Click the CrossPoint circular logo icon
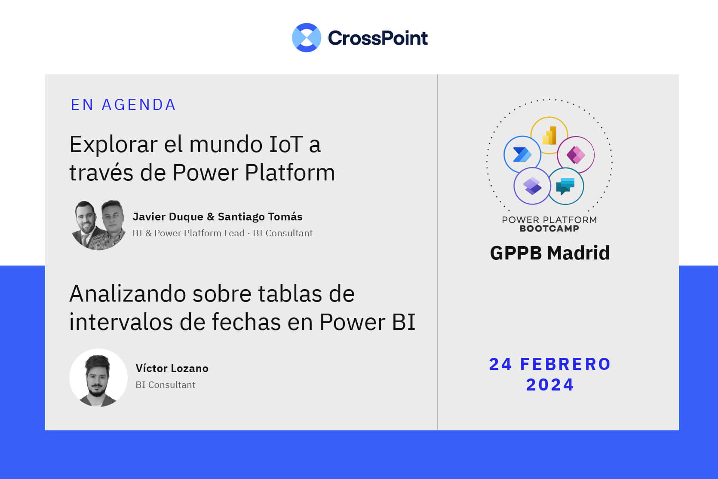coord(307,37)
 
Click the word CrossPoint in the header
coord(377,38)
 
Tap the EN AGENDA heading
coord(123,105)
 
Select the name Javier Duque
coord(168,217)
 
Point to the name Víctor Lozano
coord(172,368)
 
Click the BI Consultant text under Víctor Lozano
coord(166,384)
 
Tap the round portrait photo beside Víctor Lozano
coord(98,378)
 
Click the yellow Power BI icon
coord(549,136)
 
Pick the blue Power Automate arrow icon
coord(522,155)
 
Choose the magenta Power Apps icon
coord(576,155)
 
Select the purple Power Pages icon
coord(532,186)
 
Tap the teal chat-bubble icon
coord(565,186)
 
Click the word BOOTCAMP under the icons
coord(549,228)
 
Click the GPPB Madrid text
coord(550,253)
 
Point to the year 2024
coord(550,384)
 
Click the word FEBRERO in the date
coord(565,364)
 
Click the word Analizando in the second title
coord(128,293)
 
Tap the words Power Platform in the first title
coord(254,173)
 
